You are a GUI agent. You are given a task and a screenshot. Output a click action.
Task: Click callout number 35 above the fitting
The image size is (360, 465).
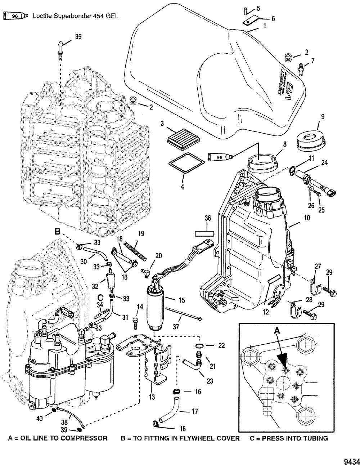(x=78, y=36)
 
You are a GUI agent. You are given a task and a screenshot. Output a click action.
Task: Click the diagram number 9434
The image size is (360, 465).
(x=349, y=461)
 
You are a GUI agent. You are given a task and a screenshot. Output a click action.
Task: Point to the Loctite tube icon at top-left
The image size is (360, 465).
(x=15, y=16)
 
